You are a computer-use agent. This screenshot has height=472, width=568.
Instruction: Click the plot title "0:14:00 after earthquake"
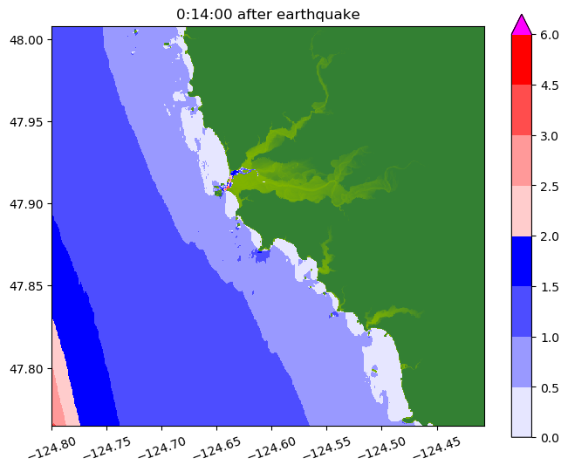coord(268,13)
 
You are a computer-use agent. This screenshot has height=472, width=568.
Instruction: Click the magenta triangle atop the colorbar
coord(522,24)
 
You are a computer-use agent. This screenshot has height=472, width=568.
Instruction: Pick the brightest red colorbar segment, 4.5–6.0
coord(522,59)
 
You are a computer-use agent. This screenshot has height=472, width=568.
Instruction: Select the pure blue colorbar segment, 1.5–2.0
coord(522,261)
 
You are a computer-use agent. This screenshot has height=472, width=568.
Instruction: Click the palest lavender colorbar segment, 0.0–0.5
coord(522,411)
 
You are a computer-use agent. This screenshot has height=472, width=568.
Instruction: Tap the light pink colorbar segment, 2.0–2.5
coord(522,210)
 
